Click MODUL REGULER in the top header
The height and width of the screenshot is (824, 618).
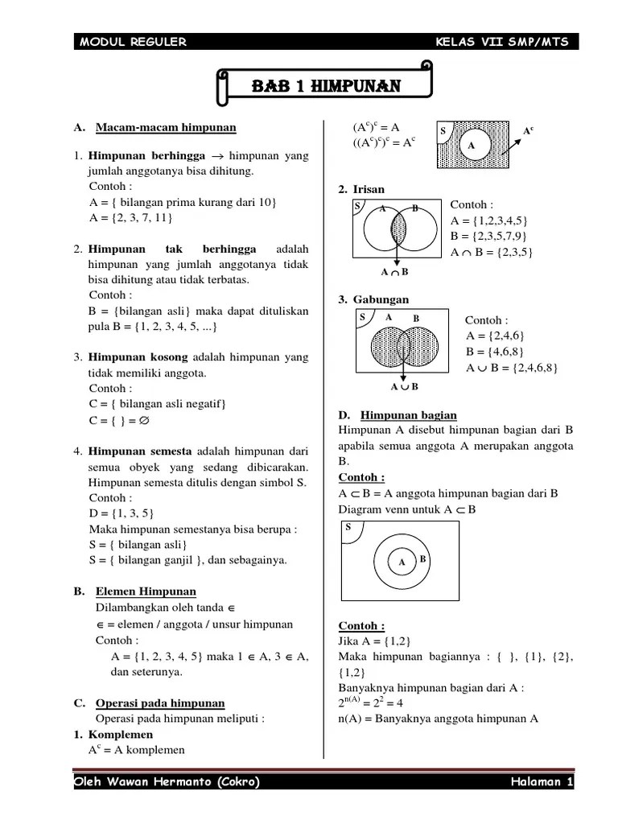[x=134, y=42]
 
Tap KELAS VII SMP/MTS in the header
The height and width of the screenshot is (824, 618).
[x=503, y=42]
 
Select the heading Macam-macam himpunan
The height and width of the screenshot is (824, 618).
[x=166, y=127]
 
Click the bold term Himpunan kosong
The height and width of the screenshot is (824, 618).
[x=138, y=356]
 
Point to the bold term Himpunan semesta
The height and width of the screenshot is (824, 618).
[x=141, y=451]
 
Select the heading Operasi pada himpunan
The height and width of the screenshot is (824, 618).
[x=160, y=702]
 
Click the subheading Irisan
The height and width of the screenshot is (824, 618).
[x=366, y=189]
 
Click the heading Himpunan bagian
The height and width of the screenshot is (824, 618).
[x=409, y=415]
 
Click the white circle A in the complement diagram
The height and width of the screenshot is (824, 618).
[x=472, y=146]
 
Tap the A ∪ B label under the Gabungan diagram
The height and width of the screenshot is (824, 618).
[x=404, y=387]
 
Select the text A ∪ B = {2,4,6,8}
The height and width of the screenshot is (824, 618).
[x=512, y=368]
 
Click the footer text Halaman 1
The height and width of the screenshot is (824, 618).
[x=541, y=782]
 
